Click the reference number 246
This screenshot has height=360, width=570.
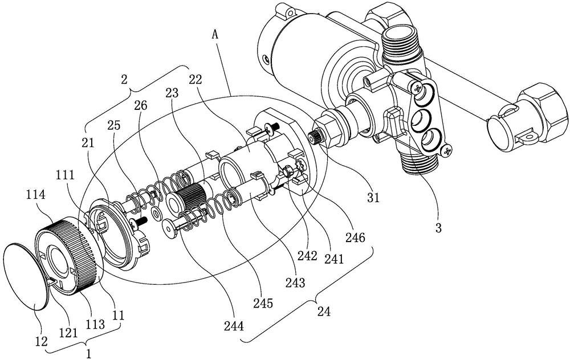point(355,238)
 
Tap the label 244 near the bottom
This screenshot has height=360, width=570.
point(234,326)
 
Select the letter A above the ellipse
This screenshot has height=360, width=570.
point(215,35)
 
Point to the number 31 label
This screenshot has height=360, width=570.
point(373,198)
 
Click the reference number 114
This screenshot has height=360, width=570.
point(35,195)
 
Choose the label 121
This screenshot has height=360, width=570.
point(68,333)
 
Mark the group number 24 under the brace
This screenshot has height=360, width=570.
point(324,312)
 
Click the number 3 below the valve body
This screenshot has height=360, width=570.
point(438,228)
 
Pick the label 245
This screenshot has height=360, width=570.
point(263,304)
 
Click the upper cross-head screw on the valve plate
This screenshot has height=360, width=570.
point(418,88)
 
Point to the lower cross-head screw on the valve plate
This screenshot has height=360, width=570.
point(446,150)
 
